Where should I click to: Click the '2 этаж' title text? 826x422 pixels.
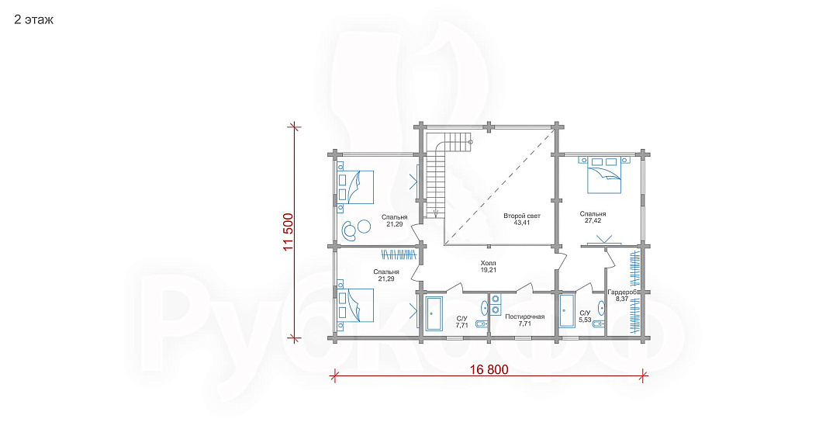pos(33,20)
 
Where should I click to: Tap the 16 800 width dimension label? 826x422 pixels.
pos(489,369)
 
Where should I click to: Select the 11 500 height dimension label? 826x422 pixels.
pos(289,233)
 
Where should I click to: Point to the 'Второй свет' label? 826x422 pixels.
pos(521,216)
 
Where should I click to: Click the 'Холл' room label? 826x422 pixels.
pos(489,263)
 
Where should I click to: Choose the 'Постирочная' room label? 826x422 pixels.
pos(524,316)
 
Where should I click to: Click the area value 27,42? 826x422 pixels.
pos(593,221)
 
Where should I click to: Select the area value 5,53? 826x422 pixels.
pos(585,320)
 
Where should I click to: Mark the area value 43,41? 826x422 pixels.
pos(521,223)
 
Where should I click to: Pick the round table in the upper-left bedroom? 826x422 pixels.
pos(364,227)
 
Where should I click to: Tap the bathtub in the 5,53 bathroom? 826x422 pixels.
pos(567,310)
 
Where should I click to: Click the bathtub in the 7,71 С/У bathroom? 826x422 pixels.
pos(434,313)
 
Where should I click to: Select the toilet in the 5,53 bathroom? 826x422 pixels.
pos(597,323)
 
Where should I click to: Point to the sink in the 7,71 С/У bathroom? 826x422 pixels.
pos(484,306)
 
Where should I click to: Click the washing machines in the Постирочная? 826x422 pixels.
pos(496,304)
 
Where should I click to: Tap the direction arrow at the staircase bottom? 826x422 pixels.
pos(436,213)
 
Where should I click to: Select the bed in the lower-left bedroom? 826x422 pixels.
pos(357,305)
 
